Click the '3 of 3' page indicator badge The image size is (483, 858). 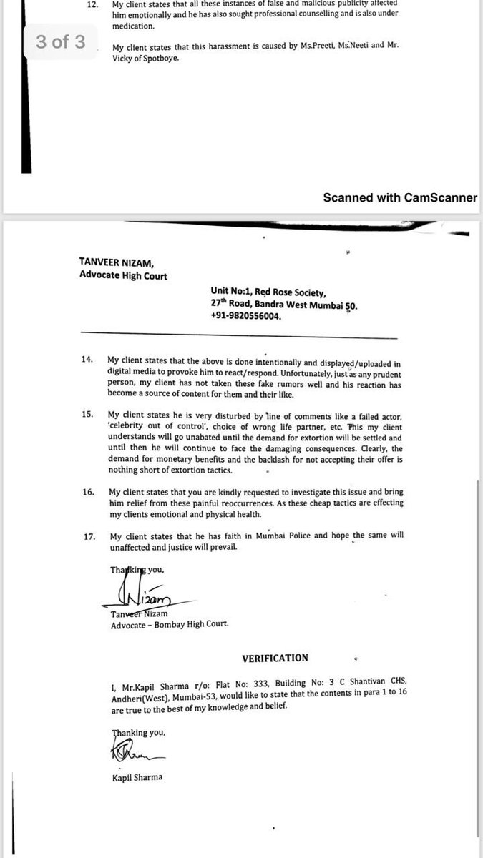(61, 41)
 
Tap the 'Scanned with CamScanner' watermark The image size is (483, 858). (399, 197)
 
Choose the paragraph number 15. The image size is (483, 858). (87, 415)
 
